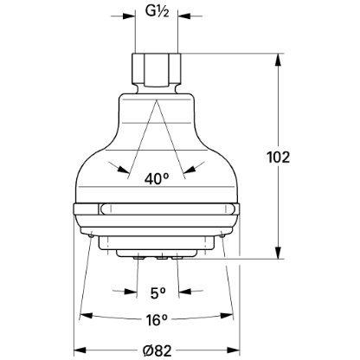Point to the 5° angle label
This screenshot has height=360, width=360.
point(157,292)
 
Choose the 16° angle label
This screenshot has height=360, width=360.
point(157,320)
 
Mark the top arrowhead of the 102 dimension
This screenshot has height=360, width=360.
point(278,59)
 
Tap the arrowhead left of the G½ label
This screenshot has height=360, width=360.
point(132,15)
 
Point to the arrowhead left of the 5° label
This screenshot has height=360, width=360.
point(132,292)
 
